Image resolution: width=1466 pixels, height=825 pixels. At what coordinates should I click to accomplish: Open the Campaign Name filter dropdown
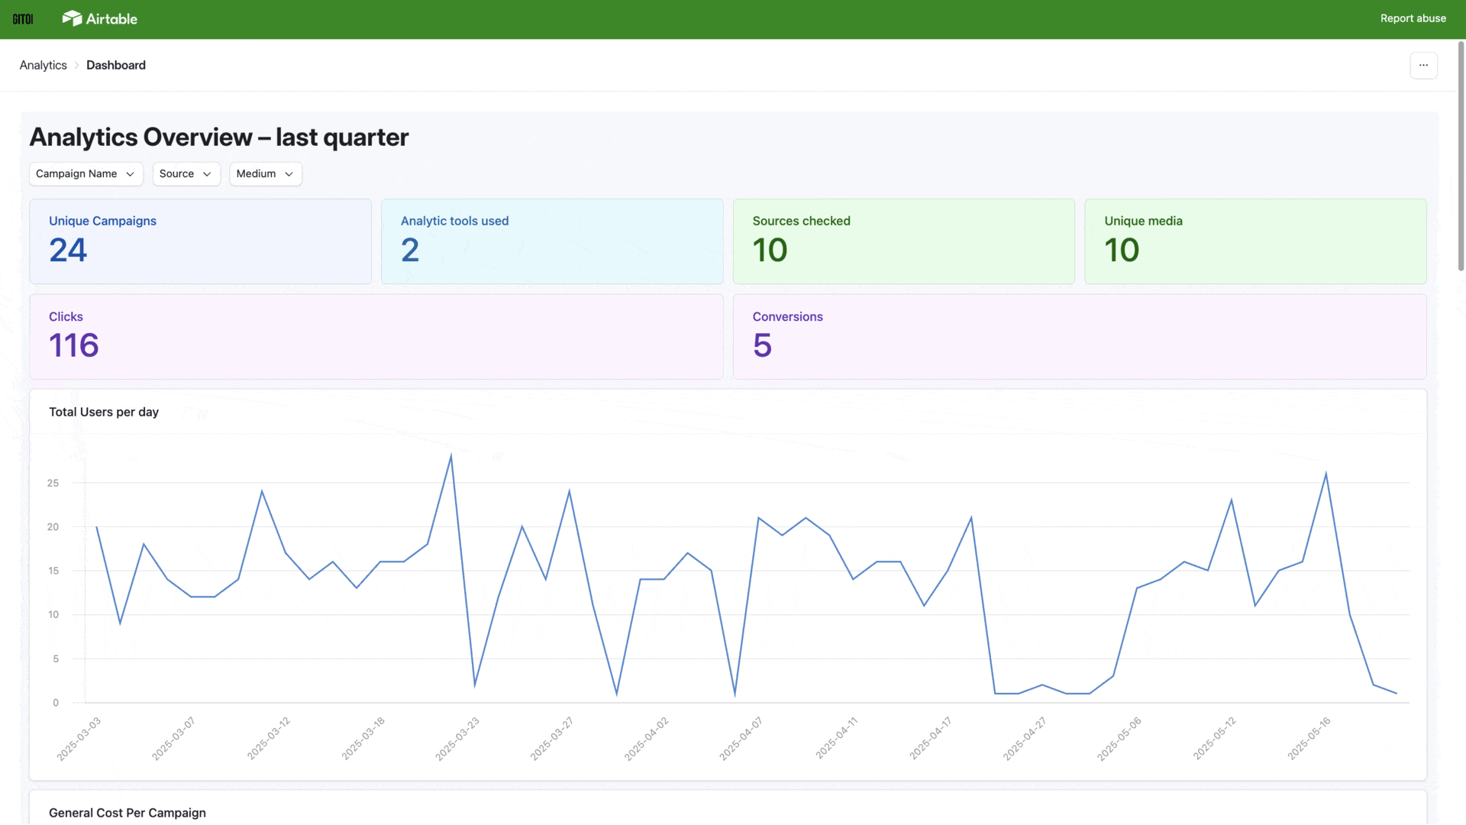tap(86, 174)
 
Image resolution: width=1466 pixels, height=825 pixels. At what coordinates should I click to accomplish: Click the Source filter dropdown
tap(186, 174)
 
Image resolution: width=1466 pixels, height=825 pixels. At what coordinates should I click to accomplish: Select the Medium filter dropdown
tap(265, 174)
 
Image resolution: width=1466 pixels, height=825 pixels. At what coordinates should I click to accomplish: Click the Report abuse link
tap(1413, 18)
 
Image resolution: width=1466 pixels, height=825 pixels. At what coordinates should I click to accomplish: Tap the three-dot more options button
tap(1423, 66)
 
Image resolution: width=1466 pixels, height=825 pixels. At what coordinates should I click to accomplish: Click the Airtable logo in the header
tap(100, 18)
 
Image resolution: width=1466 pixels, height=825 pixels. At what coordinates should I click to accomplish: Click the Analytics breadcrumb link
tap(44, 66)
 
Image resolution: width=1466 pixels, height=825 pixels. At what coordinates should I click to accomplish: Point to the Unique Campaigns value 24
tap(68, 250)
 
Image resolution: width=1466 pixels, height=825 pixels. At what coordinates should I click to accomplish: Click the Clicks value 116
tap(74, 345)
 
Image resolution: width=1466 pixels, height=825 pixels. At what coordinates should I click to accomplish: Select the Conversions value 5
tap(762, 345)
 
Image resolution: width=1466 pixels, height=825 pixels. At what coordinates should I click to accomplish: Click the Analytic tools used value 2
tap(410, 250)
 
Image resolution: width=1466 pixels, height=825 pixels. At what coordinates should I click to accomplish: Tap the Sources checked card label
tap(801, 221)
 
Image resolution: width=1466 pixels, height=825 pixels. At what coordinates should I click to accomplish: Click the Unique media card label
tap(1143, 221)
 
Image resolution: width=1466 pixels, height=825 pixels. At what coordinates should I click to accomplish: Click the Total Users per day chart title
tap(104, 412)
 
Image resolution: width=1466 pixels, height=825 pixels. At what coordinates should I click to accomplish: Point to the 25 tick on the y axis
tap(53, 483)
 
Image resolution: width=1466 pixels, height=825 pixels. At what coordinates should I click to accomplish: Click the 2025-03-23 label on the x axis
tap(457, 739)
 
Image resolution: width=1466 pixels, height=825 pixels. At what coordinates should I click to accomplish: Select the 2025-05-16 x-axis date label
tap(1309, 739)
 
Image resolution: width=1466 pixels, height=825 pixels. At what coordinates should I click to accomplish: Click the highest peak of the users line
tap(451, 456)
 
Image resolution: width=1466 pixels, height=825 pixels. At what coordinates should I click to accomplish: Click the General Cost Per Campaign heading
tap(128, 813)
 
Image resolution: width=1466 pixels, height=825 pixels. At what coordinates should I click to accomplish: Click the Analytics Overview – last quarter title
tap(219, 137)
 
